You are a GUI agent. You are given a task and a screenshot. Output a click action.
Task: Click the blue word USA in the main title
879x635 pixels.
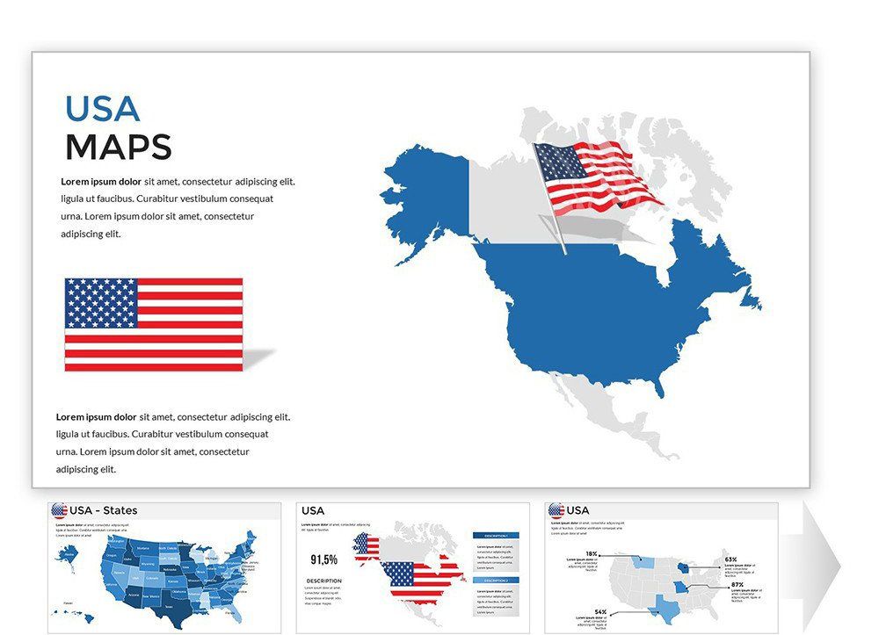[102, 108]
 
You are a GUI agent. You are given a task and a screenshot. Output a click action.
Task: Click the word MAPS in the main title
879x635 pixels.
[118, 147]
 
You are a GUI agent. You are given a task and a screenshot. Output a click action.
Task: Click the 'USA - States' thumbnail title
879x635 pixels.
[103, 510]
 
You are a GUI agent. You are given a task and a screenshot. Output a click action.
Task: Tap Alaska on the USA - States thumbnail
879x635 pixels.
[69, 554]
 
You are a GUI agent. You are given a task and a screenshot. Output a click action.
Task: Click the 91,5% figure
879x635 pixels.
[323, 559]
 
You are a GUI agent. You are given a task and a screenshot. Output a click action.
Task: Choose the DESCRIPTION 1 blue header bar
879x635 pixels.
[496, 535]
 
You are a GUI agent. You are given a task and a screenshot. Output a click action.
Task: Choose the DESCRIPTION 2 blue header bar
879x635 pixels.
[496, 580]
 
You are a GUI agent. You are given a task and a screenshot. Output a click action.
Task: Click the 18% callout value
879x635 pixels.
[592, 554]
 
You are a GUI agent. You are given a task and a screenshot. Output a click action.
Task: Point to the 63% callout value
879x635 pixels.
[730, 559]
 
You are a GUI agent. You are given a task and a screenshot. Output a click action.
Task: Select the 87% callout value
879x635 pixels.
[737, 585]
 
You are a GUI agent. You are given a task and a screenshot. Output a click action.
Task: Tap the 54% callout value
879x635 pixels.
[600, 612]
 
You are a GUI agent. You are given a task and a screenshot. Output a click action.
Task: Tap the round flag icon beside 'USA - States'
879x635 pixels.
[60, 510]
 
